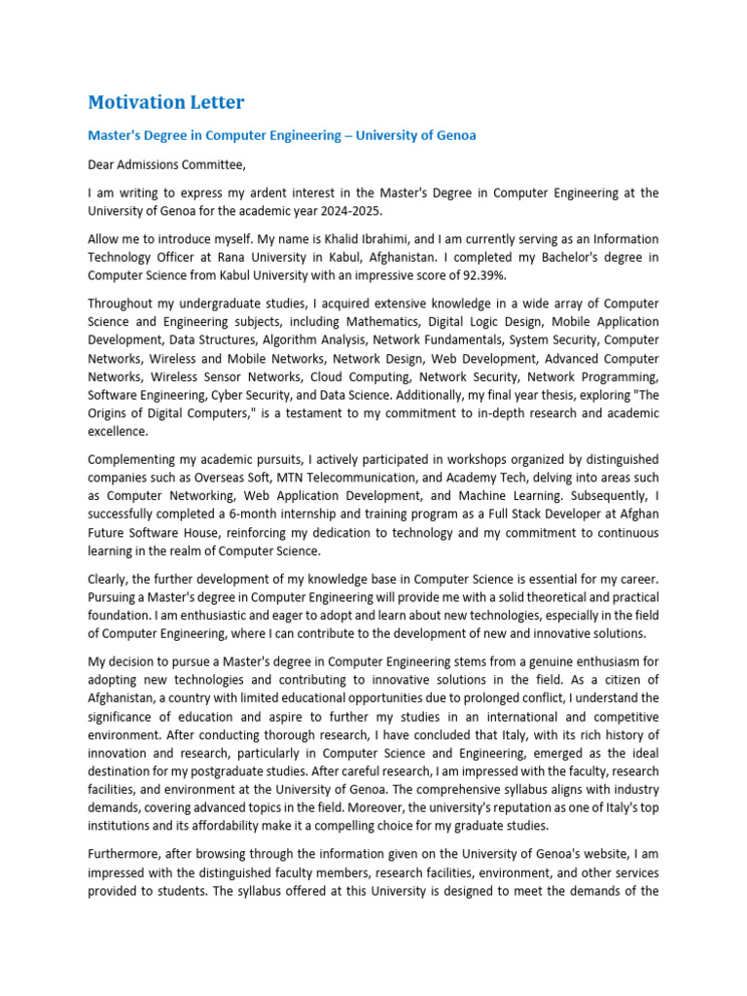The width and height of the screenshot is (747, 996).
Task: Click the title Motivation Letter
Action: (166, 102)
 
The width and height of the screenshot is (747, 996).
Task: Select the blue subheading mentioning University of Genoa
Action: (282, 135)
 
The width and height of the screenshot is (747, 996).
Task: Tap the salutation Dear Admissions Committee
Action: (160, 164)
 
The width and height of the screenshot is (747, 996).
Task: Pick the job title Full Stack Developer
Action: (526, 515)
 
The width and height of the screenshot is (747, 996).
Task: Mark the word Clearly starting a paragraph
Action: (110, 578)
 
